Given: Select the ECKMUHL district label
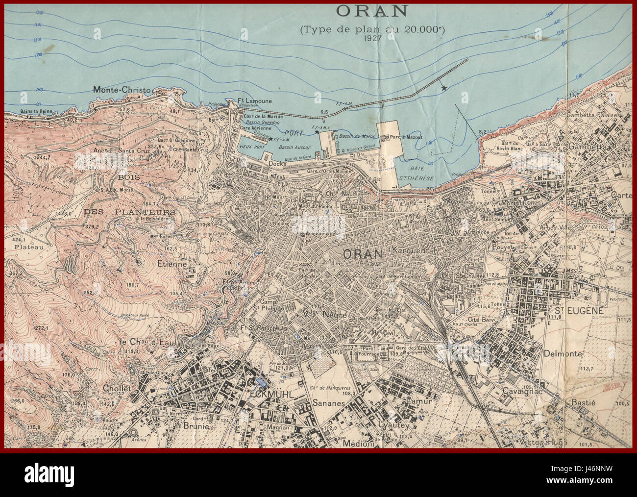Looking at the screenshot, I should [264, 394].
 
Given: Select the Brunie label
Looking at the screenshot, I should [196, 426].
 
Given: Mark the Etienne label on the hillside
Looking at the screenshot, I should [171, 264].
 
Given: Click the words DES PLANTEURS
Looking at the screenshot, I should [130, 212].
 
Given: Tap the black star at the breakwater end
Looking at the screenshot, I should [444, 88].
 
